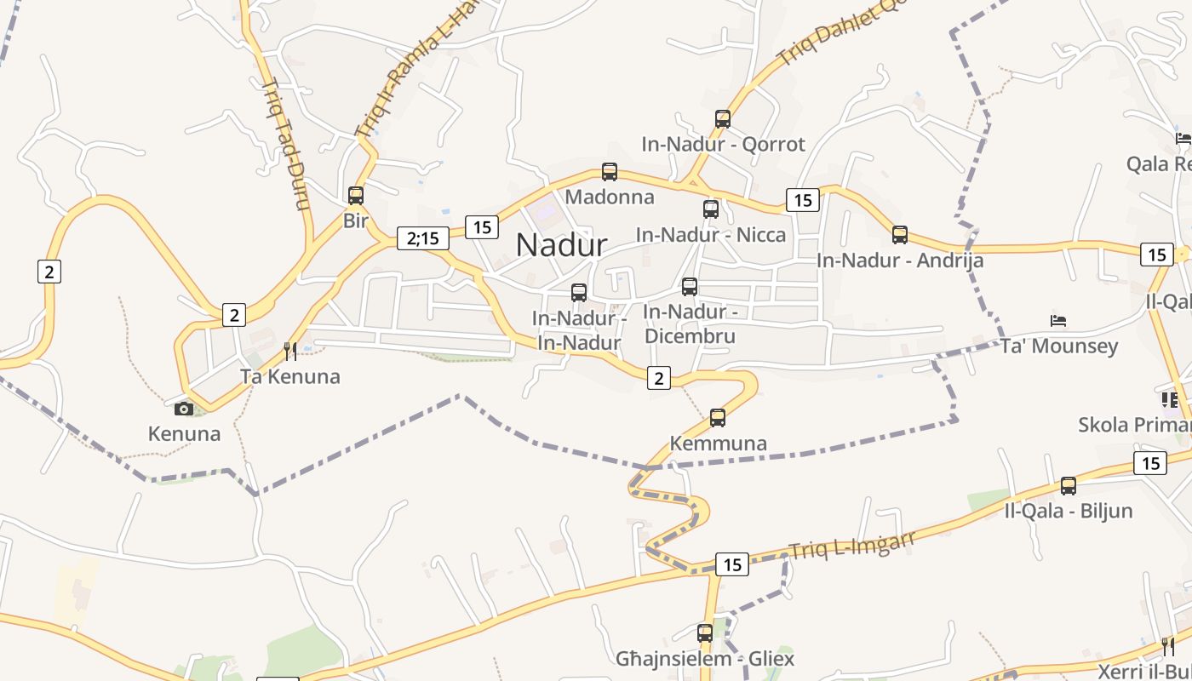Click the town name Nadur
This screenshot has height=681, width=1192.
(x=561, y=245)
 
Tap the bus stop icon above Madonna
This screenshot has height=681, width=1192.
(x=610, y=172)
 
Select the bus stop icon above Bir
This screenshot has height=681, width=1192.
(x=356, y=196)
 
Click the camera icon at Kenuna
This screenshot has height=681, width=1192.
(x=184, y=409)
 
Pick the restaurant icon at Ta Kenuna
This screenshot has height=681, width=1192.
(x=290, y=351)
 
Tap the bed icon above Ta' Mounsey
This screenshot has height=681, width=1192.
(x=1058, y=321)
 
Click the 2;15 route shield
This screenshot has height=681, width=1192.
(x=423, y=238)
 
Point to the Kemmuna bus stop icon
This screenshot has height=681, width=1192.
(x=718, y=417)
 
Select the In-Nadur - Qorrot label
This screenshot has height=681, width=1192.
(x=723, y=144)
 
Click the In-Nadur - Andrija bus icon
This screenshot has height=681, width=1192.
(x=900, y=235)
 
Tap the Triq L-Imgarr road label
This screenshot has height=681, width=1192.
(x=851, y=544)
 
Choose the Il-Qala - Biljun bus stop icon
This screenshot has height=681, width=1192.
(x=1069, y=486)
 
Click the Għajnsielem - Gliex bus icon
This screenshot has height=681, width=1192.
(x=705, y=633)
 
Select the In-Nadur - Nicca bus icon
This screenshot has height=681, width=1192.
(x=711, y=209)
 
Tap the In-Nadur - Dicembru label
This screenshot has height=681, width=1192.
(x=689, y=323)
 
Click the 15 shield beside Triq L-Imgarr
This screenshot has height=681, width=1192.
(x=731, y=564)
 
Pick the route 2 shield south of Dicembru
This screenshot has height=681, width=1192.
(x=658, y=378)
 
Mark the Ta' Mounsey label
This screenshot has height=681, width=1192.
(x=1059, y=346)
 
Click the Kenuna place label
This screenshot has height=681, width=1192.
(x=184, y=433)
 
